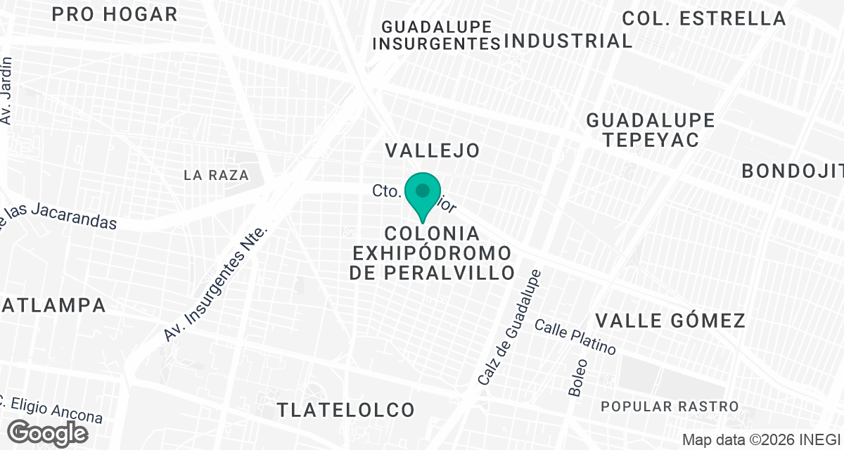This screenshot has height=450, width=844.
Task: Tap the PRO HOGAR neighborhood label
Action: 115,14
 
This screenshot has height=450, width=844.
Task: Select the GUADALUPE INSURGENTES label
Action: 437,35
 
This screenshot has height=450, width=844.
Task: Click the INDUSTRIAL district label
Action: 568,41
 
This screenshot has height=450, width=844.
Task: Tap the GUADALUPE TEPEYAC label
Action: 651,130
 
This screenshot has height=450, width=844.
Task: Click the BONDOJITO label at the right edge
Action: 793,171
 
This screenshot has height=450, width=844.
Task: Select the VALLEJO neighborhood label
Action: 433,150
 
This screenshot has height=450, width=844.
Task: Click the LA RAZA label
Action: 217,175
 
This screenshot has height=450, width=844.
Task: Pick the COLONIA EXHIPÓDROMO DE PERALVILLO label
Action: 433,253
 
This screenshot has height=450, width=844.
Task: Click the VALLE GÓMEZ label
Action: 670,321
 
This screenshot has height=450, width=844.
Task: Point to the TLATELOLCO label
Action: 345,409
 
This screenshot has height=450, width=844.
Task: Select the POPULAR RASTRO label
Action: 670,406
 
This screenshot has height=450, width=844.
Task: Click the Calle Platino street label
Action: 575,337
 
